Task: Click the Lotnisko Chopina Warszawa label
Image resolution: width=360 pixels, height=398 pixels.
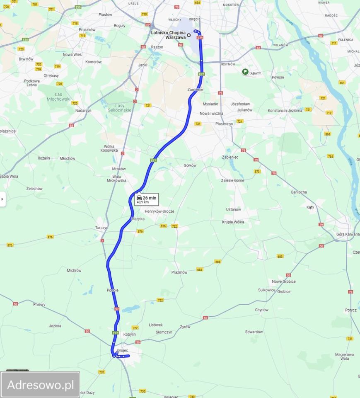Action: tap(168, 35)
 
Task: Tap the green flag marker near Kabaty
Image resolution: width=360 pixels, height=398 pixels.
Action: tap(245, 72)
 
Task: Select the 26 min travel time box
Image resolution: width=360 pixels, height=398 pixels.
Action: tap(146, 199)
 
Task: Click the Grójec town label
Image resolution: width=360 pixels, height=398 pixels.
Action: tap(123, 350)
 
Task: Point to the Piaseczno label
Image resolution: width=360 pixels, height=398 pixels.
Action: tap(224, 124)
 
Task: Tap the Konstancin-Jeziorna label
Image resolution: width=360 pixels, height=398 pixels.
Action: tap(285, 111)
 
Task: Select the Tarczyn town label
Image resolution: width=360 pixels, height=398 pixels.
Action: tap(101, 228)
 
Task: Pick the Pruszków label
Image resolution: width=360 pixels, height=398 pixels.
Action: tap(87, 30)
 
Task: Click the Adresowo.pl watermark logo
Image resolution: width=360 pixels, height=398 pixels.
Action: tap(40, 385)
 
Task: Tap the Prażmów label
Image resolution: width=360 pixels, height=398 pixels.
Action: tap(179, 272)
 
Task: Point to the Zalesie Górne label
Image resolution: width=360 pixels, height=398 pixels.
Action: tap(232, 180)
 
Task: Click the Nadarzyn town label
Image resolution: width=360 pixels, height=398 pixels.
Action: tap(83, 111)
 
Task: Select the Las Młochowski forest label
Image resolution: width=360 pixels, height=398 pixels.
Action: tap(58, 97)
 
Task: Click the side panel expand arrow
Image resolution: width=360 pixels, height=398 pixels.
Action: tap(2, 199)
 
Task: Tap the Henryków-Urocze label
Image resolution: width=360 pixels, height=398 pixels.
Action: tap(159, 211)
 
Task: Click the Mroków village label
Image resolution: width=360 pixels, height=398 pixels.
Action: tap(119, 169)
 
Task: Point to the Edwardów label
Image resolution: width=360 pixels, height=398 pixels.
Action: tap(254, 332)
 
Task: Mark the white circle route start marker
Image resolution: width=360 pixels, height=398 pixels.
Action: tap(189, 35)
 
